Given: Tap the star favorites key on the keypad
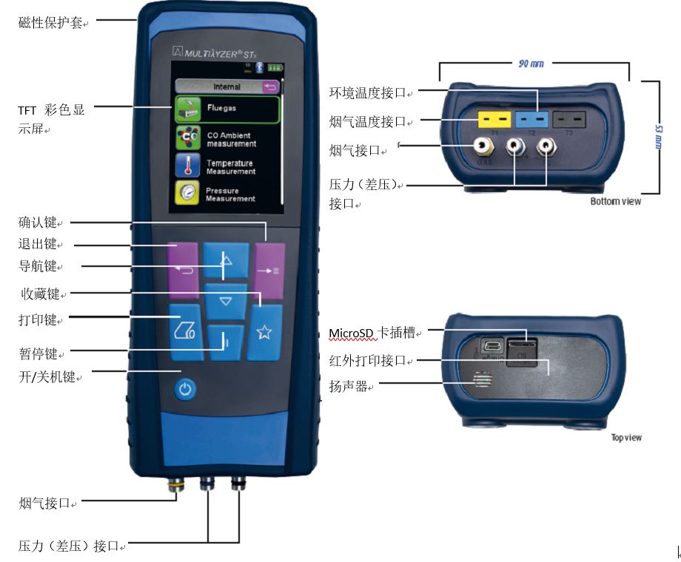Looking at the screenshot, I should (x=265, y=332).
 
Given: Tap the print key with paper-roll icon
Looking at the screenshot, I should (x=185, y=332).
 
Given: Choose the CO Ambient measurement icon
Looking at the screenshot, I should (x=187, y=140).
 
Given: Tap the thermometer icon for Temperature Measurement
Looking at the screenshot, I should (x=187, y=166).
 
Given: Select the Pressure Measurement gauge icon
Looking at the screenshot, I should (x=187, y=194).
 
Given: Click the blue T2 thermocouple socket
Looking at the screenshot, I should (x=532, y=118).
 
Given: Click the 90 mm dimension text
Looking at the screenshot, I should (x=531, y=64).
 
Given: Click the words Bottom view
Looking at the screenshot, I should (x=615, y=201).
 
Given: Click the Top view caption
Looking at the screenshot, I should (x=626, y=437).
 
